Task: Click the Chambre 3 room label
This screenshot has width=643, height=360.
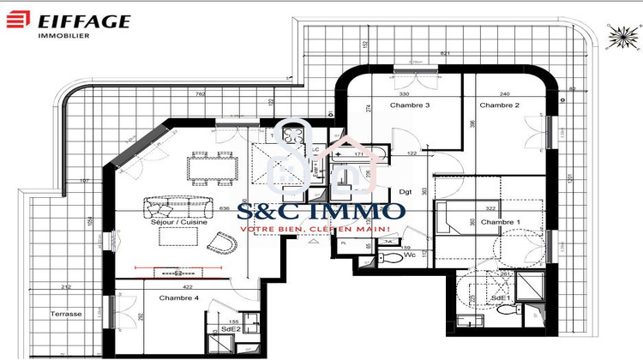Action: [409, 105]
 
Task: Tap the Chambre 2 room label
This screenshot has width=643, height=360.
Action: [500, 105]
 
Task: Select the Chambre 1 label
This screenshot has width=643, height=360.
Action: [500, 222]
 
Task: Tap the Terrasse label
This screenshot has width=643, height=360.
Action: [65, 314]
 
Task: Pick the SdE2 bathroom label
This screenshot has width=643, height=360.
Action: [231, 328]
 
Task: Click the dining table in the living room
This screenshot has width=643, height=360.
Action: [213, 166]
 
